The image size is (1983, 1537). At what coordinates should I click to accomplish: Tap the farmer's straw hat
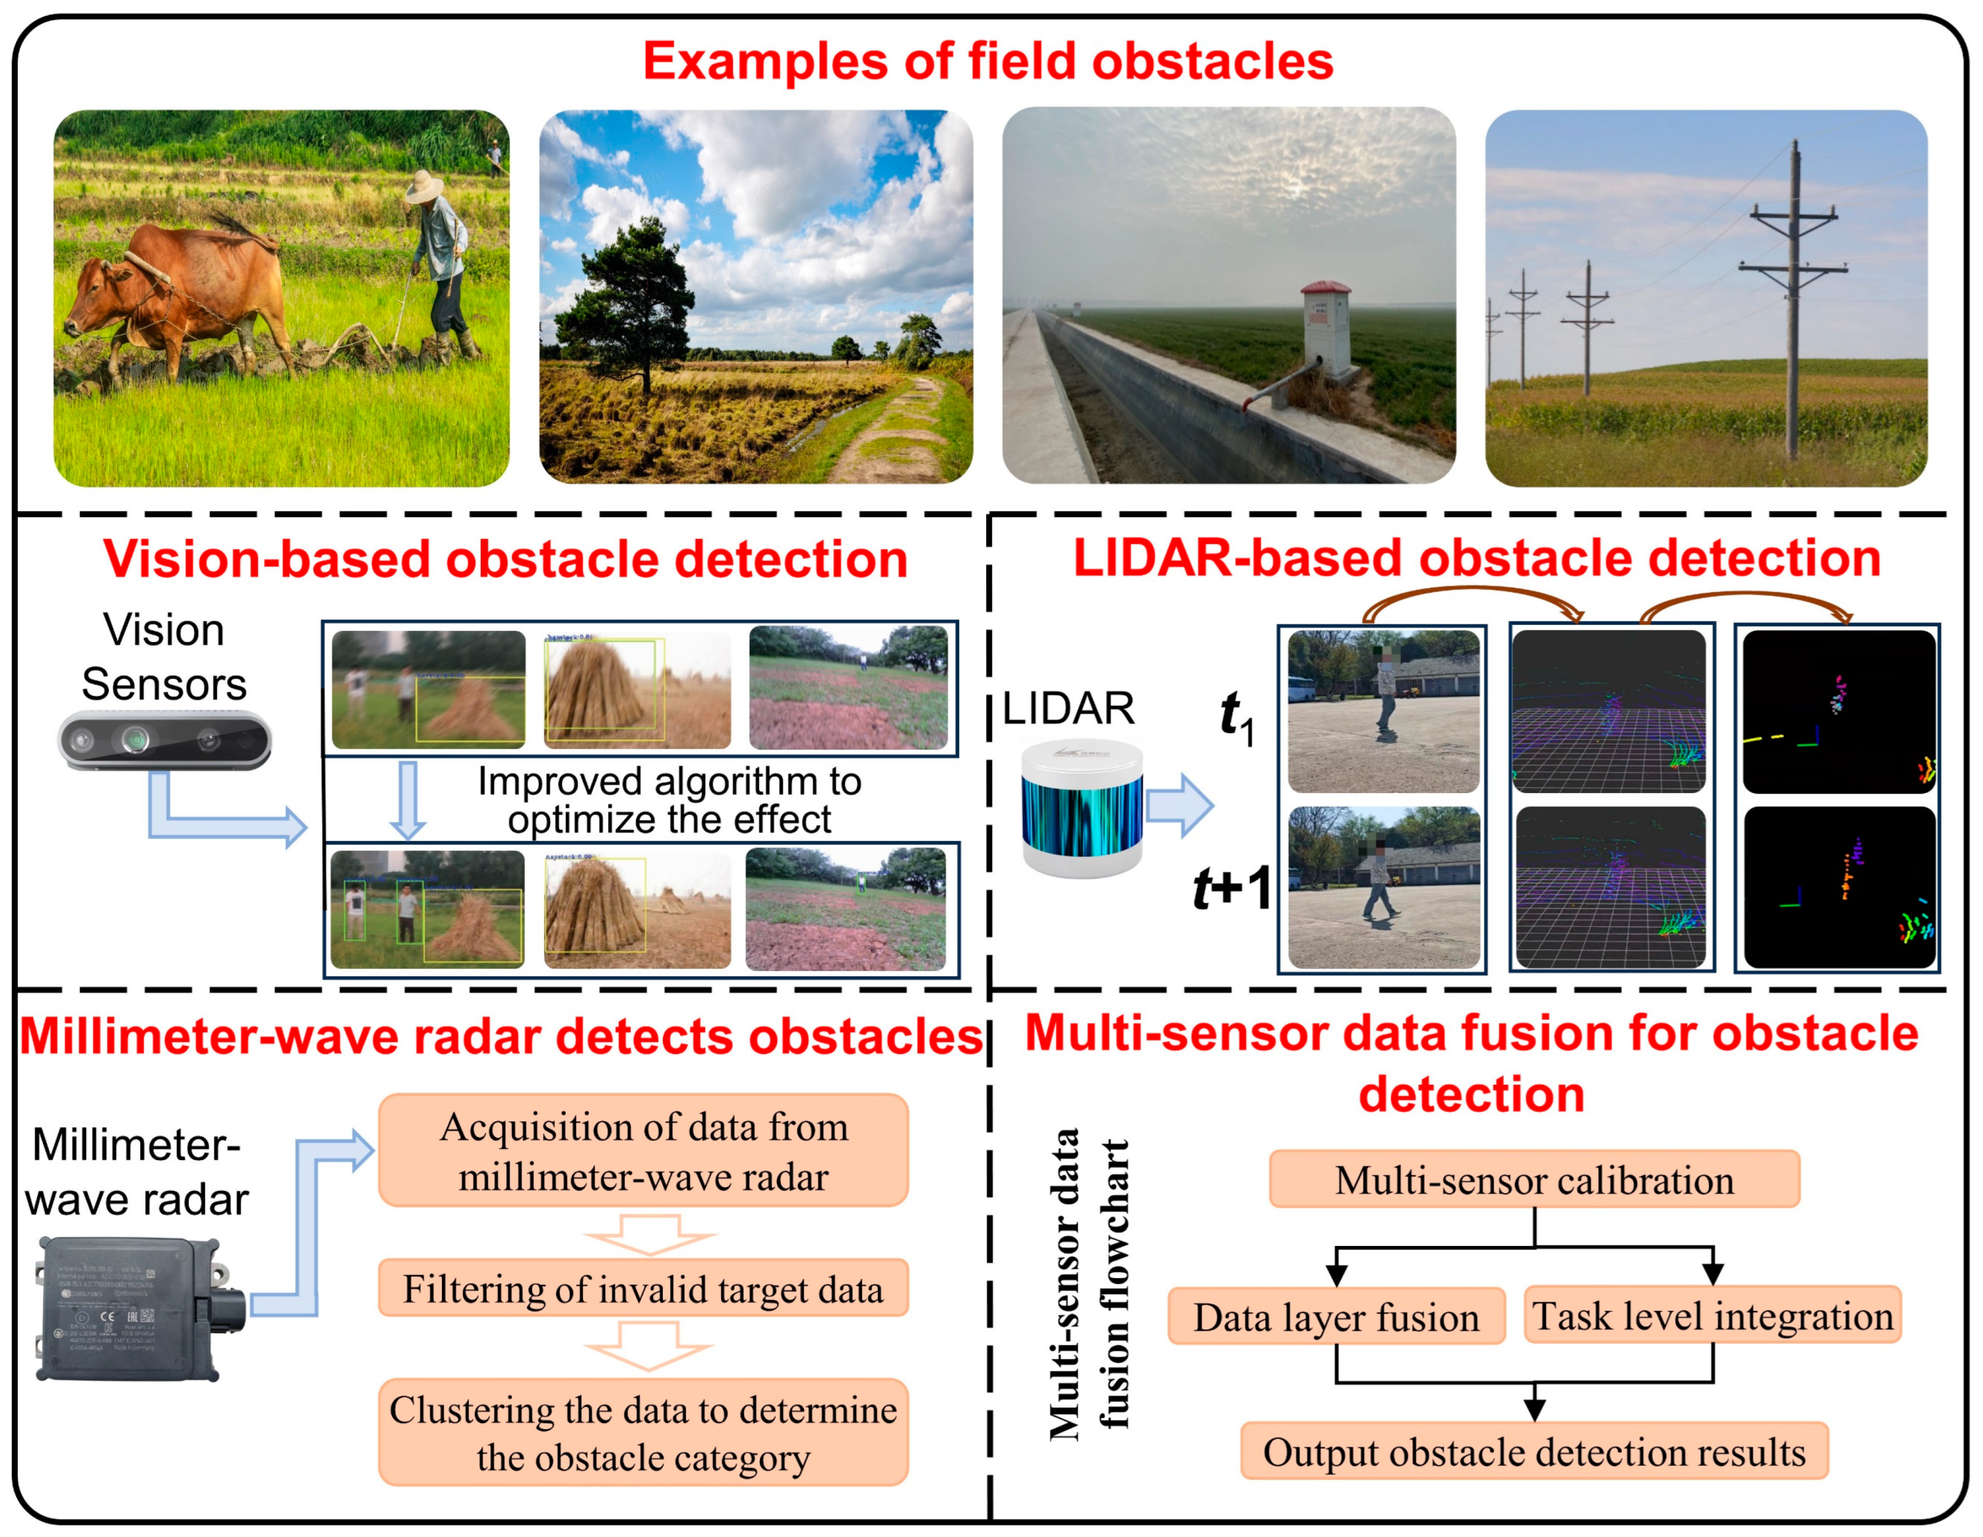[x=424, y=185]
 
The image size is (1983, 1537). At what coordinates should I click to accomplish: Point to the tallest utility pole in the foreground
[x=1793, y=299]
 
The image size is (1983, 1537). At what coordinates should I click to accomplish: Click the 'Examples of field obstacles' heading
[x=988, y=62]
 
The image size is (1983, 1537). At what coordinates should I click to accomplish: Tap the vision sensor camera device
[x=164, y=740]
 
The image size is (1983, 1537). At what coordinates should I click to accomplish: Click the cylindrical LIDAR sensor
[x=1081, y=809]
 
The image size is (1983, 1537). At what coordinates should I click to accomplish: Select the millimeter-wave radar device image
[x=136, y=1308]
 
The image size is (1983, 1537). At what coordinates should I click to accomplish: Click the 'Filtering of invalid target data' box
[x=643, y=1288]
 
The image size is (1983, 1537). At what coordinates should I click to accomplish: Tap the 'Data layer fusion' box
[x=1336, y=1316]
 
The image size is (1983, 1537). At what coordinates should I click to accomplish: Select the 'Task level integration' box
[x=1712, y=1314]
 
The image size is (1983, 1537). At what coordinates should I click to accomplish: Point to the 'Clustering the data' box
[x=643, y=1433]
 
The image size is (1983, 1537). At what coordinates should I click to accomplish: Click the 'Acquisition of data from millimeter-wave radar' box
[x=643, y=1150]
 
